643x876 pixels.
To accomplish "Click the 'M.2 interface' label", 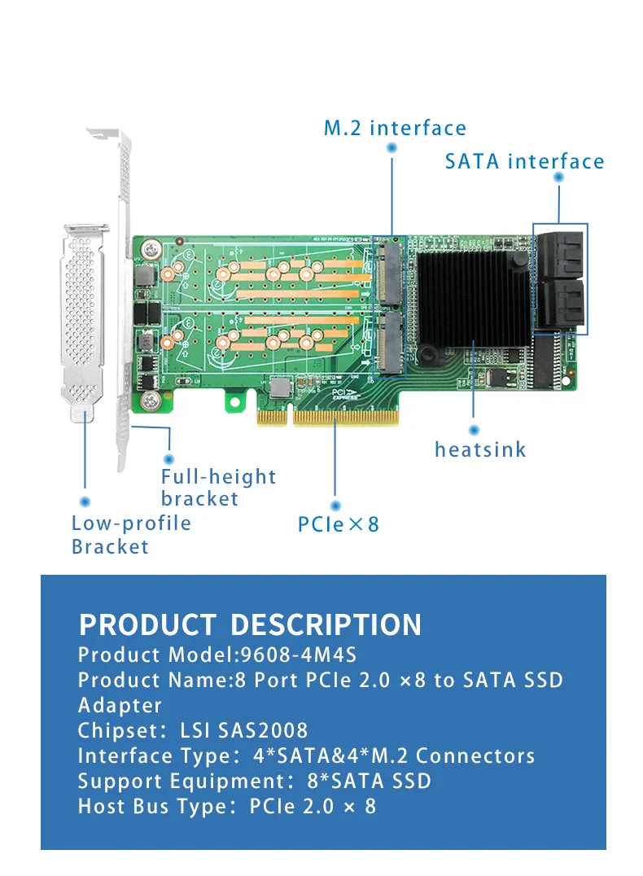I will [x=395, y=128].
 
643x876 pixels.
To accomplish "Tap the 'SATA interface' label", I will [x=524, y=161].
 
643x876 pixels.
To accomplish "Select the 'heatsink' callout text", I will [x=479, y=449].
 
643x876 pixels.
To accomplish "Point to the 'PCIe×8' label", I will [x=339, y=523].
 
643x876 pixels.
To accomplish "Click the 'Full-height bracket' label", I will [x=218, y=488].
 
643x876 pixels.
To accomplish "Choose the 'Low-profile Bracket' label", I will [x=131, y=535].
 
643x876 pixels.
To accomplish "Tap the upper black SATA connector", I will [x=560, y=251].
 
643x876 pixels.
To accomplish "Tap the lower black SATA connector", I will [x=560, y=303].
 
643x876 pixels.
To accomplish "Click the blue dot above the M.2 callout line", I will [x=391, y=148].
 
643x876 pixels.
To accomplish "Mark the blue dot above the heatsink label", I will [x=475, y=429].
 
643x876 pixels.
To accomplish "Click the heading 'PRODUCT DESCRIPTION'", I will [x=250, y=624].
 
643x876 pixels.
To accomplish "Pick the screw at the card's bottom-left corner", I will [x=150, y=400].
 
